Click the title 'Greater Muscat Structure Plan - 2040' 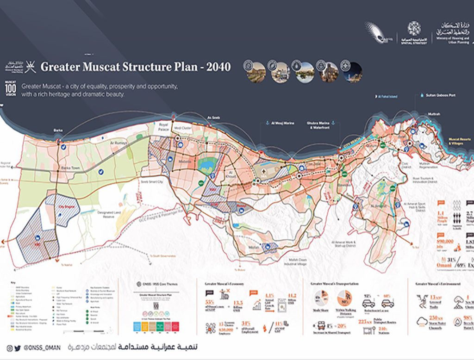[x=135, y=67]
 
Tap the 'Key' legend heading [x=12, y=282]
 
